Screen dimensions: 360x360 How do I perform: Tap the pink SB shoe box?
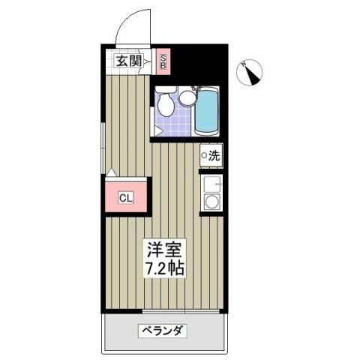tap(165, 62)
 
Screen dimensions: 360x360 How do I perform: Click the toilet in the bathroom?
tap(166, 104)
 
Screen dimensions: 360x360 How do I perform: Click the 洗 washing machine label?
tap(214, 157)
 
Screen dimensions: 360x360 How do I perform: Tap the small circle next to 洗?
tap(204, 157)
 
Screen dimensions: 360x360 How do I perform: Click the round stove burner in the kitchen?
tap(212, 202)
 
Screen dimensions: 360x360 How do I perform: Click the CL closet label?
tap(127, 199)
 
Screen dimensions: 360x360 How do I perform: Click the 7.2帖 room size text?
tap(163, 267)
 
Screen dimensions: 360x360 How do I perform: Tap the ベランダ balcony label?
tap(162, 331)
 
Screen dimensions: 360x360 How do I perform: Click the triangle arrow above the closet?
tap(110, 174)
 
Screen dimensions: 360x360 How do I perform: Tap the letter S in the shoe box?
tap(165, 57)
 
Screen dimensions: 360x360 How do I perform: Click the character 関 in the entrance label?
tap(137, 62)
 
